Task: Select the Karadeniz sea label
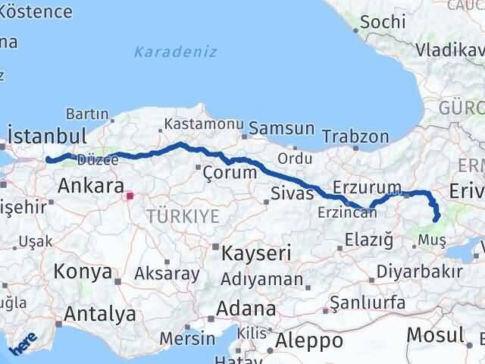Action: (x=175, y=52)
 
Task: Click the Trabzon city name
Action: (x=355, y=137)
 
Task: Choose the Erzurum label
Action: (x=367, y=187)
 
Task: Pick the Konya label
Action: (x=83, y=271)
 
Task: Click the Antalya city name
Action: (x=100, y=313)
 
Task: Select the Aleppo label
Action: (x=309, y=340)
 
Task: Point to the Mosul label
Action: (x=434, y=334)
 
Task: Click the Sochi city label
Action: (x=383, y=22)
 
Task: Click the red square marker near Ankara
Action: (x=130, y=196)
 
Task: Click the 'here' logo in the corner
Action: (x=20, y=347)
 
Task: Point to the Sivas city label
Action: (x=293, y=193)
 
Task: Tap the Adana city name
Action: (x=246, y=309)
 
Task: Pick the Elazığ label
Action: (x=368, y=240)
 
